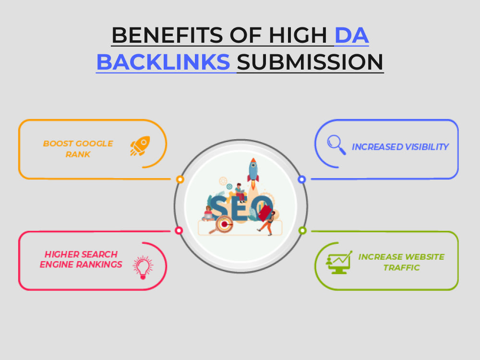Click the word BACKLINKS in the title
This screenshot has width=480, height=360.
(163, 62)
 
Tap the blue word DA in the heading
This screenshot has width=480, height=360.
(352, 36)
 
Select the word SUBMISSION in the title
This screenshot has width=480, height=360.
(310, 62)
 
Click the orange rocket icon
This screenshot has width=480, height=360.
(140, 146)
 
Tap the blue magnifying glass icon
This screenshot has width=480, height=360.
(336, 145)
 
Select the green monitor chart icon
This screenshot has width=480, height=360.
(339, 263)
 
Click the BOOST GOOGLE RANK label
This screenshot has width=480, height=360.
(78, 149)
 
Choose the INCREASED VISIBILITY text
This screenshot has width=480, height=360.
(400, 147)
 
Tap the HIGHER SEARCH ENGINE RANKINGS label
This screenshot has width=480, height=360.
(81, 259)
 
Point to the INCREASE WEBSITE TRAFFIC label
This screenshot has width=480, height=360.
(401, 262)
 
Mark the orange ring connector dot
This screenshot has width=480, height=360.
(180, 180)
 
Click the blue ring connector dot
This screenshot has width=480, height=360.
(302, 180)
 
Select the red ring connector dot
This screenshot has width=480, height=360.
(179, 230)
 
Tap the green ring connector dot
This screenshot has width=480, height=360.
(302, 230)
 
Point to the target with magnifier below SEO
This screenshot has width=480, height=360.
(223, 225)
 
